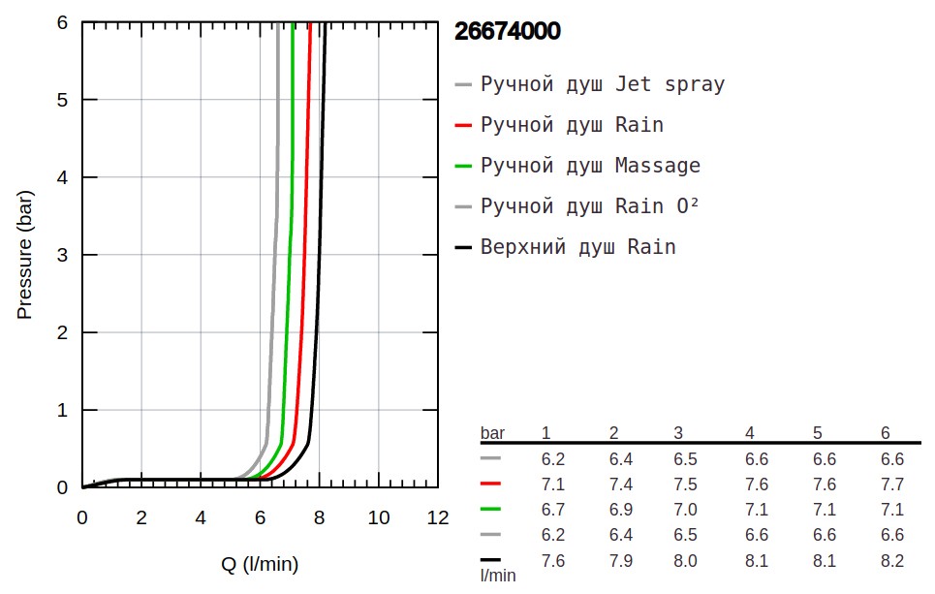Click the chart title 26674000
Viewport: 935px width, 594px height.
[507, 31]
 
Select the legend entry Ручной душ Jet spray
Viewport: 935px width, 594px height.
[602, 84]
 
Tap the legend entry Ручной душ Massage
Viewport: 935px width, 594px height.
[590, 166]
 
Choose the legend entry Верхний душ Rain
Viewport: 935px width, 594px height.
[577, 247]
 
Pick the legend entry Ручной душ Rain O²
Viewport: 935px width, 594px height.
[590, 206]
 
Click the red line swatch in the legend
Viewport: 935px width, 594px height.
[463, 125]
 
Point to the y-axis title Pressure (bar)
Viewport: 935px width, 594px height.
[25, 254]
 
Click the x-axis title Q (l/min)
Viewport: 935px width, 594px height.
[260, 564]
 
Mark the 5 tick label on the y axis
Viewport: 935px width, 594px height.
[61, 100]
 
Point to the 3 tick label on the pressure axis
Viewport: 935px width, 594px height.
[61, 255]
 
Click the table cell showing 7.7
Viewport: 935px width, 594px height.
[891, 485]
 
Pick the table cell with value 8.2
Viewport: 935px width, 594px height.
[891, 560]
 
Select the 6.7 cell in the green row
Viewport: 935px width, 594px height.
[552, 510]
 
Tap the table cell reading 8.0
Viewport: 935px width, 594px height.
[685, 560]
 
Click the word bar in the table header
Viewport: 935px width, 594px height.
[493, 432]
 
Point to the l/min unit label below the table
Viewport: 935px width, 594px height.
[498, 576]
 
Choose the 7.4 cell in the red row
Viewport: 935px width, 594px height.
[620, 485]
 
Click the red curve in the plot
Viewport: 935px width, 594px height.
[302, 291]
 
